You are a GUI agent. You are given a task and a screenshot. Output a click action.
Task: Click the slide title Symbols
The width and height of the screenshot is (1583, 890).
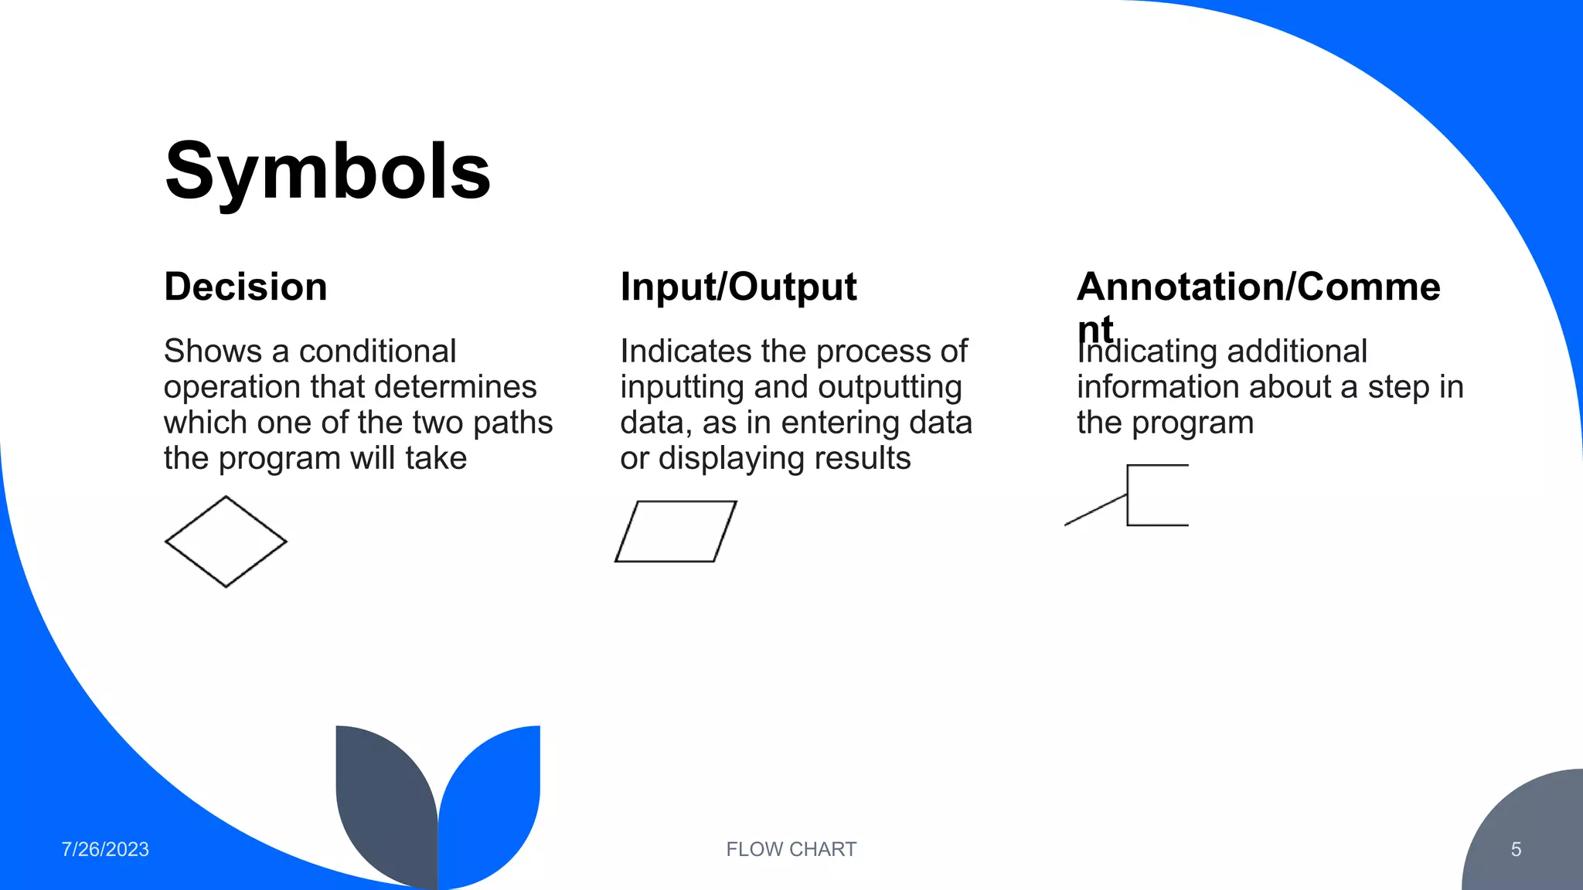click(328, 172)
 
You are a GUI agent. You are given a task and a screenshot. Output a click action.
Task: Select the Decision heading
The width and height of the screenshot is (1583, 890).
click(246, 287)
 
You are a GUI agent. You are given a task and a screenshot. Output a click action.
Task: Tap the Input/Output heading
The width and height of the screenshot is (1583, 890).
click(738, 287)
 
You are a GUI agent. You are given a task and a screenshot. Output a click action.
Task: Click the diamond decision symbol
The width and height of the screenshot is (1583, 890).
click(226, 542)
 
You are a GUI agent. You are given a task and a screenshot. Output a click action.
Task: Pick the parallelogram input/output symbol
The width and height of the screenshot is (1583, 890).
click(676, 532)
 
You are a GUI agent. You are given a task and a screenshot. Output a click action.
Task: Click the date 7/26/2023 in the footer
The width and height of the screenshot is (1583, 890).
click(105, 849)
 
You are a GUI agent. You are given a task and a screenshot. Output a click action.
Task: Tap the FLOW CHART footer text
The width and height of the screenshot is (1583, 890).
click(791, 849)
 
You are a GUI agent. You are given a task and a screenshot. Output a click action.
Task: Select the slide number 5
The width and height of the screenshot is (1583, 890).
click(1516, 849)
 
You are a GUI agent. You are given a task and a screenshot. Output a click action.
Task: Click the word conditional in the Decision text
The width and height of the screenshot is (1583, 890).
click(378, 352)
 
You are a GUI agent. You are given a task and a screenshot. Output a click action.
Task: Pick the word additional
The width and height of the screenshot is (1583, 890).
click(1296, 352)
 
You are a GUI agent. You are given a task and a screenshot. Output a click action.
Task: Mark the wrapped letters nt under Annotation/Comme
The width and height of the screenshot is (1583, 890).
click(1094, 328)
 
